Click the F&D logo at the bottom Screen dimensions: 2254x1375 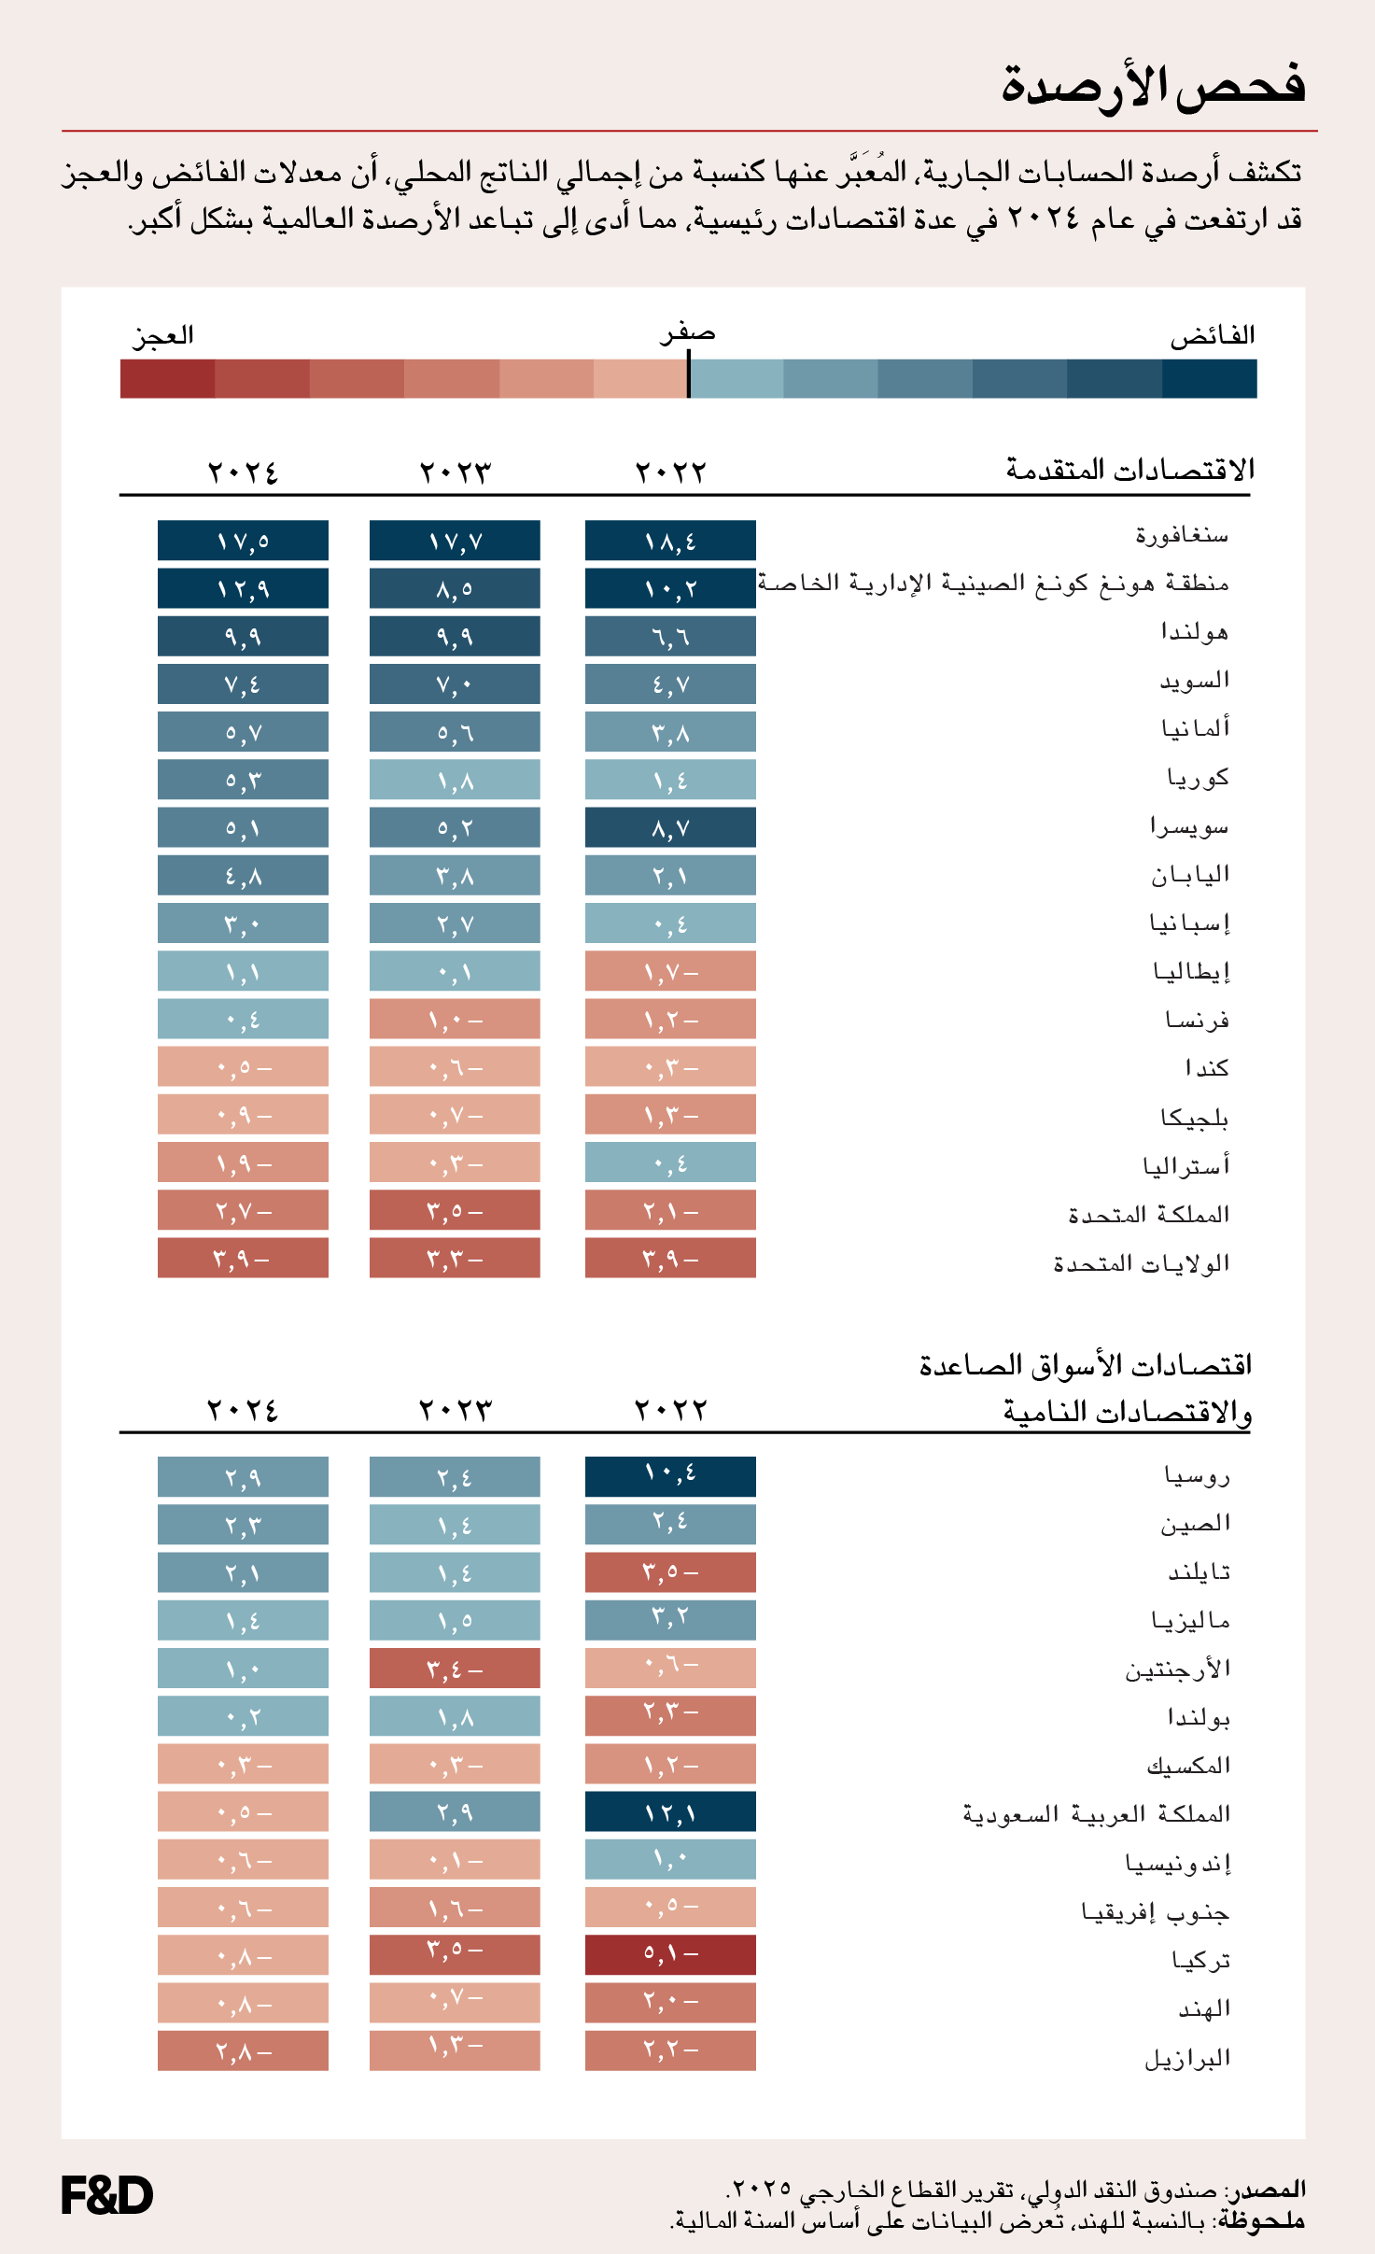(x=106, y=2195)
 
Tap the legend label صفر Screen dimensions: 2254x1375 (x=687, y=333)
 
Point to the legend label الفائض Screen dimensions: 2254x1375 (x=1212, y=335)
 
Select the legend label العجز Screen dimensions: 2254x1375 (x=163, y=335)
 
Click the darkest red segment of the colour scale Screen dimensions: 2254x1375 (x=167, y=379)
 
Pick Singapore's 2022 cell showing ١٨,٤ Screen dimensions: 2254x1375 (x=670, y=541)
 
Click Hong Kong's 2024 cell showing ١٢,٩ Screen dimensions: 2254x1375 (x=243, y=588)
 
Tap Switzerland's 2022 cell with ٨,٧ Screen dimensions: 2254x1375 (x=670, y=828)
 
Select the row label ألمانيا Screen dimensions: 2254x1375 (x=1195, y=727)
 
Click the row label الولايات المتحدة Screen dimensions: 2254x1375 (x=1141, y=1263)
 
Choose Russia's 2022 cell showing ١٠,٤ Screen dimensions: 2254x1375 (x=670, y=1476)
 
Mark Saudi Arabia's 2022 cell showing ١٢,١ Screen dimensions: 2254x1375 (x=670, y=1811)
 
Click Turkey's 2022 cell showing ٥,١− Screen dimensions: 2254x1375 (x=670, y=1954)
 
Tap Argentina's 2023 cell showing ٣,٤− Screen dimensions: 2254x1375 (x=455, y=1668)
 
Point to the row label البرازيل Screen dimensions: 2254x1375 (x=1187, y=2058)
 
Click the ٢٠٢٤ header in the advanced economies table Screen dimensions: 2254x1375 (x=243, y=472)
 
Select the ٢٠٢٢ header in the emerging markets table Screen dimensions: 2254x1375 (x=670, y=1409)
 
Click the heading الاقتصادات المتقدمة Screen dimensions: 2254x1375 (x=1129, y=469)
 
